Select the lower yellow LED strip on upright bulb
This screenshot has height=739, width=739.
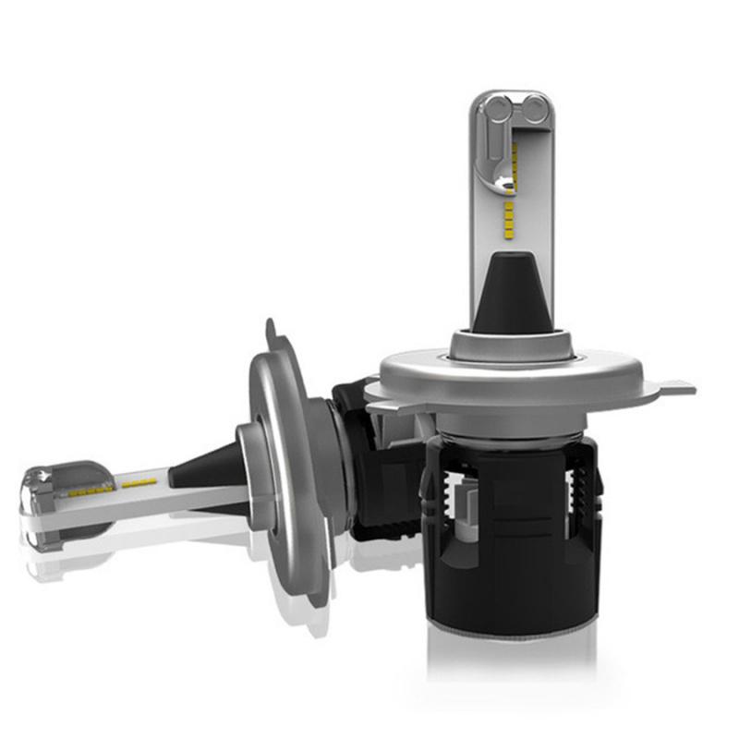[508, 214]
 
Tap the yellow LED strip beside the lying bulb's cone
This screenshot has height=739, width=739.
[139, 483]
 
